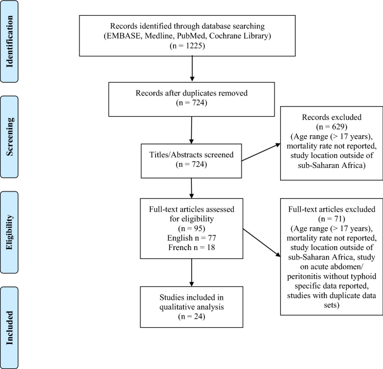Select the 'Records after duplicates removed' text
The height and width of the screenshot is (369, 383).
pos(192,93)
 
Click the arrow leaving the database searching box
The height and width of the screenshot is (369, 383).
pos(192,68)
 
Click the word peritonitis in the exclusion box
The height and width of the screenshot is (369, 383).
pos(302,275)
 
